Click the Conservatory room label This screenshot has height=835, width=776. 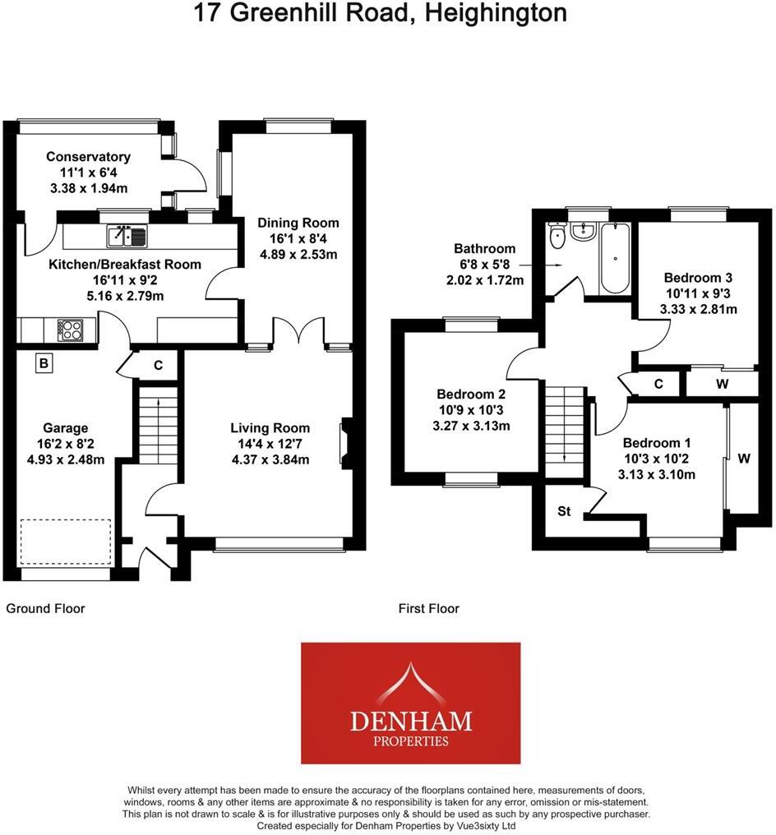(88, 157)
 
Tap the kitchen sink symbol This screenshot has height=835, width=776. (126, 237)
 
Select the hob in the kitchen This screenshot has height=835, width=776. (70, 330)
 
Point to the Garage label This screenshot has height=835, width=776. (67, 428)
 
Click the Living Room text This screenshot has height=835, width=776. (270, 427)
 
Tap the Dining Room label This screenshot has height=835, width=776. (298, 223)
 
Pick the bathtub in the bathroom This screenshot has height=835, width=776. (614, 258)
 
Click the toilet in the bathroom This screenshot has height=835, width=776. (558, 238)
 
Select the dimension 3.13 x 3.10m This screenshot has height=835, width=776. (657, 474)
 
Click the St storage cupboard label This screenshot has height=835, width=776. (564, 511)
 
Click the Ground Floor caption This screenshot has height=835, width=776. (46, 609)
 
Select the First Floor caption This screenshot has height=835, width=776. (428, 609)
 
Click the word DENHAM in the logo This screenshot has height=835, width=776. (411, 721)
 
